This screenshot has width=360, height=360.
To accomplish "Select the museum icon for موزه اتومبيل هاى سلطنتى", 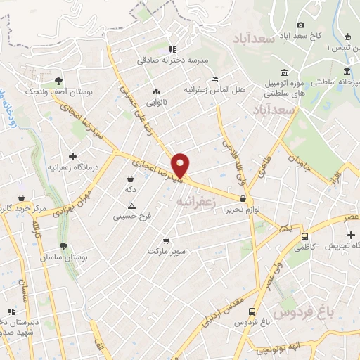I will (284, 72).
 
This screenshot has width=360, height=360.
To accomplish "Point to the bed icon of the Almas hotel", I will (214, 79).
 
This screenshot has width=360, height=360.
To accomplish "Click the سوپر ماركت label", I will (165, 250).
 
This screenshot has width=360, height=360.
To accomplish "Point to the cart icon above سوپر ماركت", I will (166, 240).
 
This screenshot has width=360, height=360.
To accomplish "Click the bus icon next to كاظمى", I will (304, 236).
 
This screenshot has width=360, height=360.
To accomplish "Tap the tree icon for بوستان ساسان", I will (64, 247).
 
